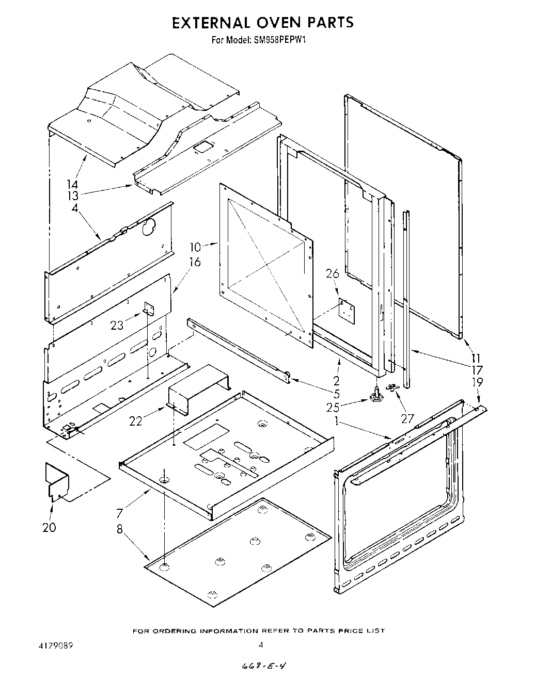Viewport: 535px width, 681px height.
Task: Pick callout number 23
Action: click(117, 326)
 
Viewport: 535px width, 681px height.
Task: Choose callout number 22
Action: click(136, 421)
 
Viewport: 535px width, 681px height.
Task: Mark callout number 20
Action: click(50, 527)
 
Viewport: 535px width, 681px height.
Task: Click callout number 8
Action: click(120, 530)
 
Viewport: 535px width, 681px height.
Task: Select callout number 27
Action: click(407, 418)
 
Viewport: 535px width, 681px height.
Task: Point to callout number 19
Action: click(477, 382)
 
